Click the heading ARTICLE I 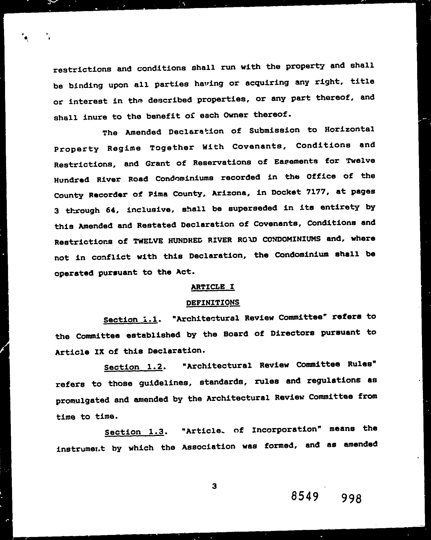coord(213,287)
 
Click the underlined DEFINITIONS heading coord(213,302)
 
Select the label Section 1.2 coord(133,367)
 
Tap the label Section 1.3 coord(134,432)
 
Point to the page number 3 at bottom coord(214,486)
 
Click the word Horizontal coord(349,130)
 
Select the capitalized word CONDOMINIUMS coord(292,239)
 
